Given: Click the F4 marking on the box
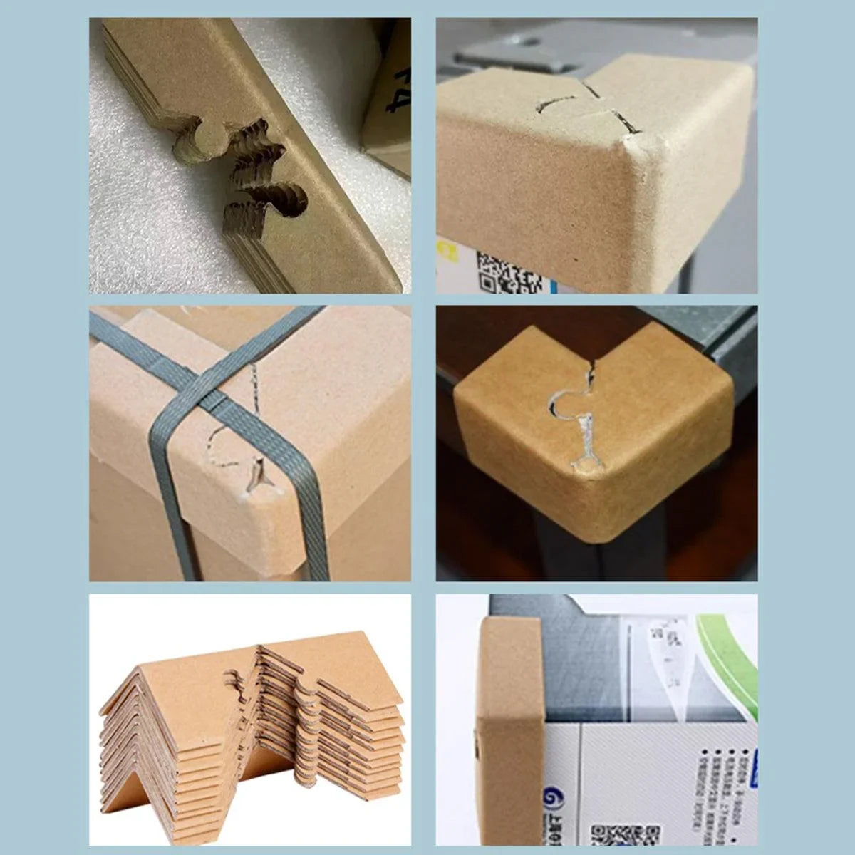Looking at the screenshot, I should coord(391,93).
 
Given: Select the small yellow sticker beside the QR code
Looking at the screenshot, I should coord(450,251).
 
